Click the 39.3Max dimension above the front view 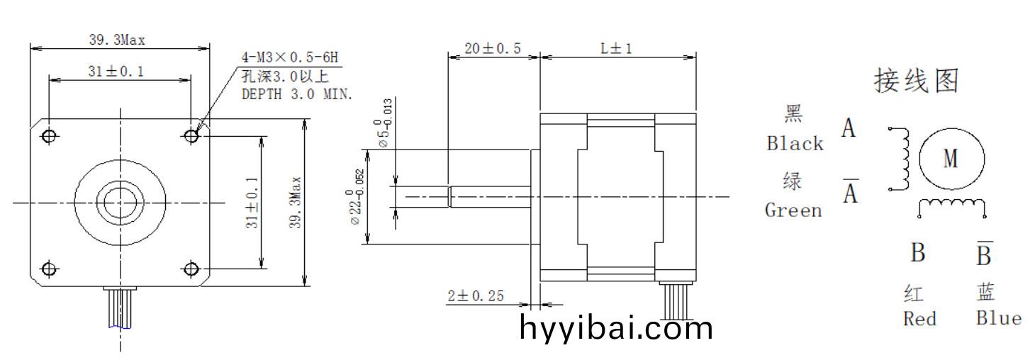[x=117, y=40]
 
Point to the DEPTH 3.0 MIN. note [x=297, y=93]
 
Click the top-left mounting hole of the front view [x=49, y=135]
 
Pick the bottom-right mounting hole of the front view [x=191, y=269]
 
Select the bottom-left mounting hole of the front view [x=49, y=269]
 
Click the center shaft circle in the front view [x=120, y=203]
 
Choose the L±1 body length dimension [x=616, y=48]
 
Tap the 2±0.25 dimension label [x=476, y=296]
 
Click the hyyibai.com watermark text [x=616, y=328]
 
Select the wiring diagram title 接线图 [x=917, y=81]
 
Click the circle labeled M [x=951, y=159]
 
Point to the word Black [x=795, y=143]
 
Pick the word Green [x=793, y=210]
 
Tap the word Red [x=919, y=319]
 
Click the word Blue [x=998, y=318]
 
